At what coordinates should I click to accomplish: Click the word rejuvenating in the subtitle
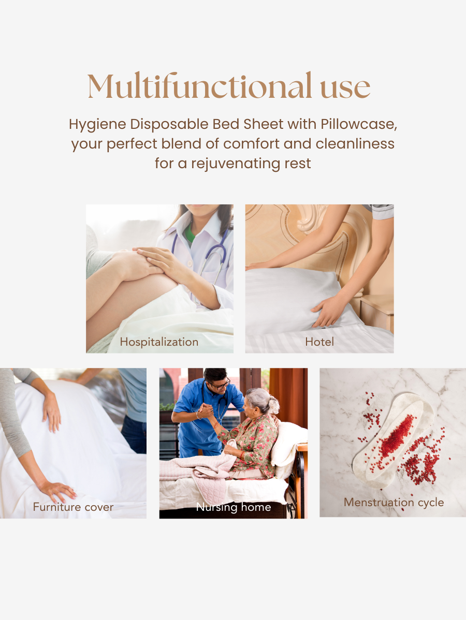236,164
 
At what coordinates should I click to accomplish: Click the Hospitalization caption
159,342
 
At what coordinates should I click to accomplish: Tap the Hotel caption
319,342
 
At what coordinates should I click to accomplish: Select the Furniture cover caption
72,507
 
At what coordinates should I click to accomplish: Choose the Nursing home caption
234,507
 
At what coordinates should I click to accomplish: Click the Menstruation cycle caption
394,502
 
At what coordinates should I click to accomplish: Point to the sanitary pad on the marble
394,440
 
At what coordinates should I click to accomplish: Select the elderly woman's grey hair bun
273,402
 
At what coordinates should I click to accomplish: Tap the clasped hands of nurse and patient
206,411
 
